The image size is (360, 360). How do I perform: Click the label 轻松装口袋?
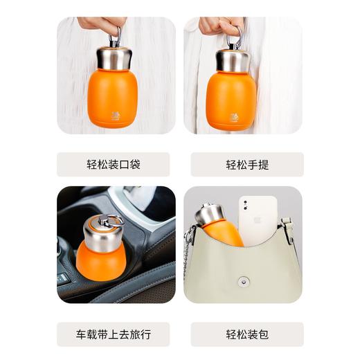pos(114,165)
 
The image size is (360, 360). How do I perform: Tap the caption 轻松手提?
pos(246,165)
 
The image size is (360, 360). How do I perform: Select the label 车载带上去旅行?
pos(114,334)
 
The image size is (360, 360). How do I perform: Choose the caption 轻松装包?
pos(246,334)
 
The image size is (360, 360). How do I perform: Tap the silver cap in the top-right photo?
pos(231,59)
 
